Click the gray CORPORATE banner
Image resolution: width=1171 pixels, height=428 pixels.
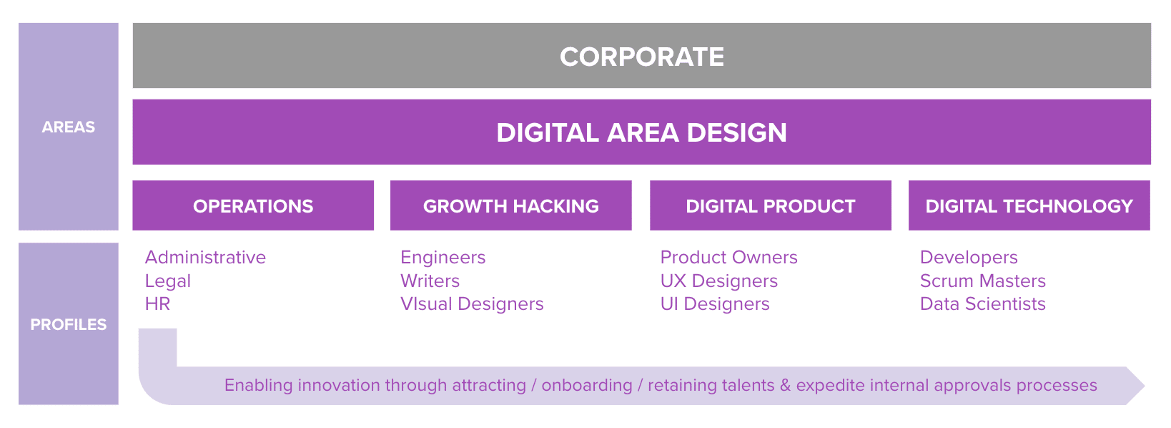click(x=641, y=55)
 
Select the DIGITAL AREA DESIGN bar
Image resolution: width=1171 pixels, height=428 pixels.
click(x=641, y=132)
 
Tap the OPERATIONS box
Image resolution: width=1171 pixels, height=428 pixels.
click(x=253, y=205)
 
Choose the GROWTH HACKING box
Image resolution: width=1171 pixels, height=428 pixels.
click(x=510, y=205)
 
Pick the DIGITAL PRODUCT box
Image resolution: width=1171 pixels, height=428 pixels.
click(x=771, y=205)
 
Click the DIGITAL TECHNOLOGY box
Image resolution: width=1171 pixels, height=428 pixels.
click(x=1029, y=205)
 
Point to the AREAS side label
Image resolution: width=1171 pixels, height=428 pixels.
click(x=69, y=127)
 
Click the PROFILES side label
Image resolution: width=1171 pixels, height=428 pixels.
click(x=69, y=324)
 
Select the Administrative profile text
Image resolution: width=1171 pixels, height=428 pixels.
click(x=205, y=258)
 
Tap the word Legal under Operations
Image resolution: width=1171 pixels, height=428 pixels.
click(x=168, y=281)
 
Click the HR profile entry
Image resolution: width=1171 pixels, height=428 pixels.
click(x=157, y=304)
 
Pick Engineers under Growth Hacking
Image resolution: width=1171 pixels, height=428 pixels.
click(x=443, y=258)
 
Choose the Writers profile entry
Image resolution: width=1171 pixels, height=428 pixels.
click(x=430, y=281)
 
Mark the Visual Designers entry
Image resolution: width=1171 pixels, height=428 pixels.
click(x=472, y=304)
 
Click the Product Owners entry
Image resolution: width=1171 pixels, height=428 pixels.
click(x=728, y=258)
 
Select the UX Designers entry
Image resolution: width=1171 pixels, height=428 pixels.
click(x=718, y=281)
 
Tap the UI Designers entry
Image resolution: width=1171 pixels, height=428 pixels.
click(x=715, y=304)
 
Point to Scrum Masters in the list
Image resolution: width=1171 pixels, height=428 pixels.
click(x=983, y=281)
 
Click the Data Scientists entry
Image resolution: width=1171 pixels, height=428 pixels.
click(x=983, y=304)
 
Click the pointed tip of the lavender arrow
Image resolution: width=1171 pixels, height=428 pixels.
click(x=1145, y=386)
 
